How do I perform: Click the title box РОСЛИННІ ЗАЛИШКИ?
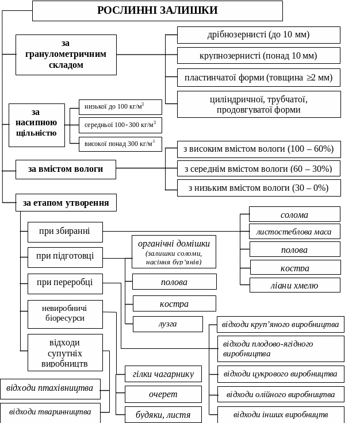pyautogui.click(x=157, y=10)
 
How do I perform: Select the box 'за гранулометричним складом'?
pyautogui.click(x=66, y=55)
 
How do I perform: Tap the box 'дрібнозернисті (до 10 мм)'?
pyautogui.click(x=258, y=34)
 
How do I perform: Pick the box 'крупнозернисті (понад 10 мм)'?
pyautogui.click(x=258, y=56)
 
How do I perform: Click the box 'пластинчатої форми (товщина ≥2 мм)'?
pyautogui.click(x=258, y=77)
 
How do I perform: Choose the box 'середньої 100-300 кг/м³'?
pyautogui.click(x=120, y=125)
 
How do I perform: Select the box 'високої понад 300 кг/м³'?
pyautogui.click(x=120, y=144)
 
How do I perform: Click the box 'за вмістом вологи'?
pyautogui.click(x=66, y=169)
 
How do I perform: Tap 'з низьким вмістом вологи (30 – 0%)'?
pyautogui.click(x=258, y=188)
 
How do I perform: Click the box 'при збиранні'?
pyautogui.click(x=65, y=232)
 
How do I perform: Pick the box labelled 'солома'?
pyautogui.click(x=294, y=214)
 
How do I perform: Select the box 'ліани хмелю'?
pyautogui.click(x=294, y=285)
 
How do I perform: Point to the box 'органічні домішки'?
pyautogui.click(x=174, y=251)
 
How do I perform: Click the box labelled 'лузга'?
pyautogui.click(x=167, y=324)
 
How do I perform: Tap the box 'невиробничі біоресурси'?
pyautogui.click(x=65, y=313)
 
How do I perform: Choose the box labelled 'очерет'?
pyautogui.click(x=163, y=394)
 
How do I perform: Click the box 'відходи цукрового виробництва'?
pyautogui.click(x=281, y=374)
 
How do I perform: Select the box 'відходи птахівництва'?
pyautogui.click(x=50, y=389)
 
